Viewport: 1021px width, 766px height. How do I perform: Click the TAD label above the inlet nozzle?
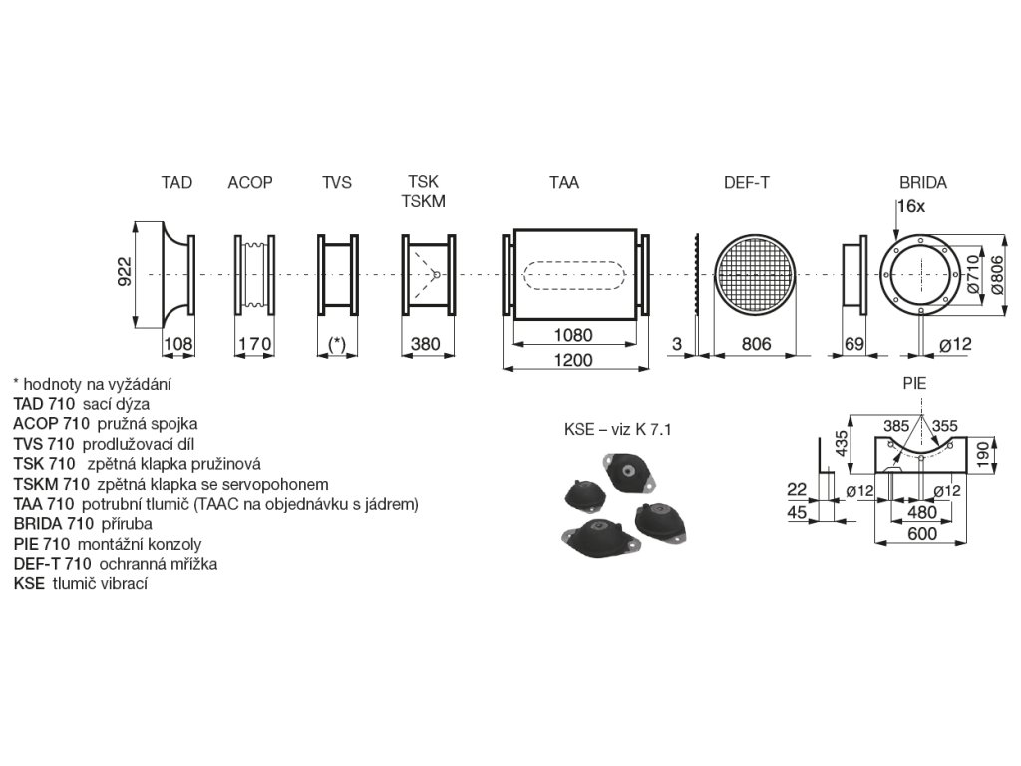[176, 183]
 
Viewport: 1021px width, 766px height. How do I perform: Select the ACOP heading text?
[250, 183]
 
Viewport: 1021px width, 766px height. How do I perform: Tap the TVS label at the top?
[336, 183]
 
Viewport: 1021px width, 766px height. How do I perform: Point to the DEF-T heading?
[746, 183]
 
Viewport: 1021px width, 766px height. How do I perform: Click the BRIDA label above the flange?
[922, 183]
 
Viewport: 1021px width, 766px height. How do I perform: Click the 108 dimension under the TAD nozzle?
[176, 345]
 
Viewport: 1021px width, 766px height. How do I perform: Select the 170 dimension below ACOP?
[253, 345]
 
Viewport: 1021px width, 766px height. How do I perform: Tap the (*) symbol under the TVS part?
[337, 345]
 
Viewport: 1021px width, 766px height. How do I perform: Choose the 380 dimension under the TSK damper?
[426, 345]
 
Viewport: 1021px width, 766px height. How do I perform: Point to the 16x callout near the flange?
[911, 206]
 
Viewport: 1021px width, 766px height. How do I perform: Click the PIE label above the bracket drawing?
[914, 382]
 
